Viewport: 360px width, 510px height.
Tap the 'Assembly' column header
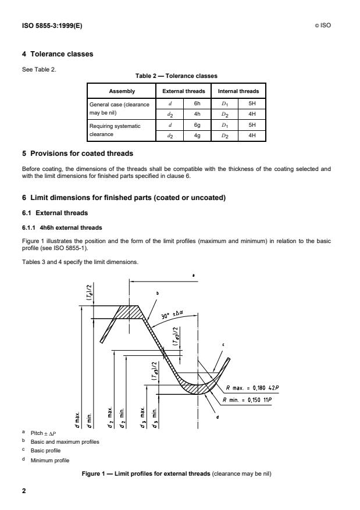pyautogui.click(x=121, y=91)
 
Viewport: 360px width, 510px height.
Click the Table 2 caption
pyautogui.click(x=180, y=74)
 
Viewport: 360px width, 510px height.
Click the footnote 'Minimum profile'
pyautogui.click(x=51, y=459)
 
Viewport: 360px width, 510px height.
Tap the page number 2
pyautogui.click(x=24, y=491)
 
